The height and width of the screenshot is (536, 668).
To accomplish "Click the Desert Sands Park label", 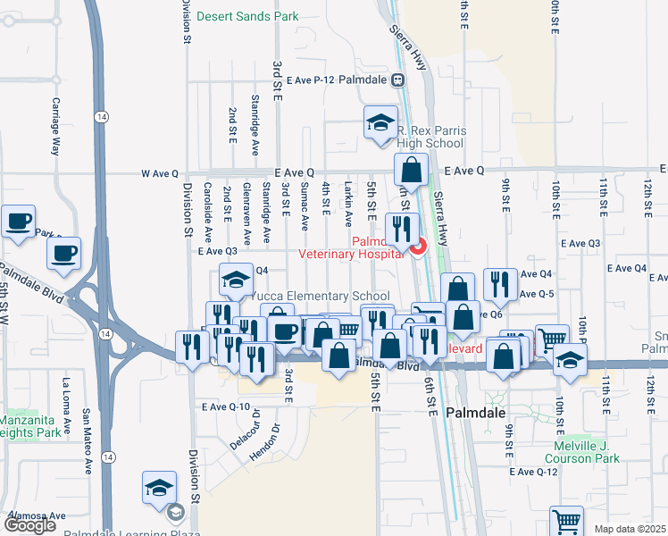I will [x=247, y=16].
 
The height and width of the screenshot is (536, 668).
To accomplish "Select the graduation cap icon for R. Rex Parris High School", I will [x=380, y=122].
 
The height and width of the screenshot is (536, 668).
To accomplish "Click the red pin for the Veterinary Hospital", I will [x=417, y=245].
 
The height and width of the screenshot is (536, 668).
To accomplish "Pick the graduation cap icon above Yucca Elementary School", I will [x=235, y=281].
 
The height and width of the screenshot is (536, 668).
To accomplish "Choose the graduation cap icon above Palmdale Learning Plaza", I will [x=159, y=488].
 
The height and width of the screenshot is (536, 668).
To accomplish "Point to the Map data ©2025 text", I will [x=630, y=529].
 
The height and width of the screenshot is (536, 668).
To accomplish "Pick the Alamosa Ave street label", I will [x=38, y=515].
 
